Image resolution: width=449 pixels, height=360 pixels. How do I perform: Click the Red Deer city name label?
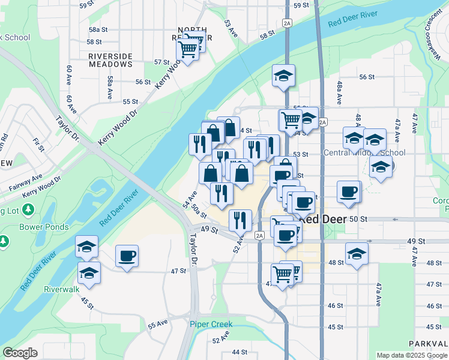click(x=323, y=220)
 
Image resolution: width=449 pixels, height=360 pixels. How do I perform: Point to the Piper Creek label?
click(x=211, y=325)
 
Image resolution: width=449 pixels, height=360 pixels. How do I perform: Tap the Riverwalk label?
click(x=61, y=289)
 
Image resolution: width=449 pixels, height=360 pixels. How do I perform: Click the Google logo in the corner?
click(x=20, y=353)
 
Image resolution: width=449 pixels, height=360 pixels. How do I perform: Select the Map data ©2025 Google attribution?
click(x=411, y=355)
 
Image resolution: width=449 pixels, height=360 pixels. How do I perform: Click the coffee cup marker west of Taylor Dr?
click(x=127, y=256)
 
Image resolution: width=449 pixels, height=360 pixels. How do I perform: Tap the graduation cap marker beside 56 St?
click(x=283, y=76)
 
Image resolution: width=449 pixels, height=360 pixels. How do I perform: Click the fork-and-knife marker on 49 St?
click(x=240, y=221)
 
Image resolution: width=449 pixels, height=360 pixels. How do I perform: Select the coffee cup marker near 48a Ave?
click(x=348, y=192)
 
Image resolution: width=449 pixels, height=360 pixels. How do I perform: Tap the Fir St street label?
click(x=40, y=144)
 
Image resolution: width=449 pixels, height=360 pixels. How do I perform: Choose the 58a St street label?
click(x=98, y=29)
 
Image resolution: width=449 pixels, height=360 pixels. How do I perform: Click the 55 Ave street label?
click(x=158, y=325)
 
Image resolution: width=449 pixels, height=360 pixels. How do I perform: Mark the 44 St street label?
click(x=240, y=352)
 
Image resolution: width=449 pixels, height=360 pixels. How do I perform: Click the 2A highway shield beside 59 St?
click(x=287, y=23)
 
